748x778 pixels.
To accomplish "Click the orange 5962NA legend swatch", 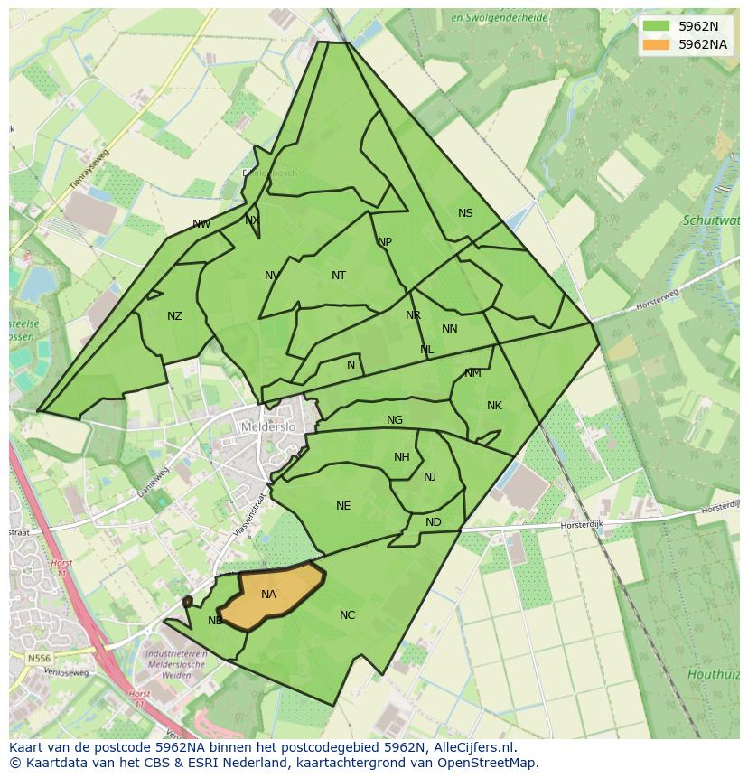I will click(656, 44).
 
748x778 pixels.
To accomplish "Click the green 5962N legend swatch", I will click(656, 26).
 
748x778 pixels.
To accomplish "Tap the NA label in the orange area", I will click(268, 595).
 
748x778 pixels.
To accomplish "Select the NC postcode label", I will click(347, 615).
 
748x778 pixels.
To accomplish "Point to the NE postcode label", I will click(343, 506).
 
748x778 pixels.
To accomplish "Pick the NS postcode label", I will click(465, 213).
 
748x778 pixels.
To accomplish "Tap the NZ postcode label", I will click(174, 316).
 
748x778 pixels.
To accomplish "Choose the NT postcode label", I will click(339, 276).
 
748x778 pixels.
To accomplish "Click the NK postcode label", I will click(494, 406).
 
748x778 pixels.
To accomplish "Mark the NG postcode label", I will click(395, 420).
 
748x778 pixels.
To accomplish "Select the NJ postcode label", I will click(430, 477).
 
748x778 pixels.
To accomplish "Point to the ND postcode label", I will click(434, 522).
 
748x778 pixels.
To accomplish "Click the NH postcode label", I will click(402, 457).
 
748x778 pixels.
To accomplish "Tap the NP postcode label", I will click(385, 242).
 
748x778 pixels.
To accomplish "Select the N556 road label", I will click(39, 659).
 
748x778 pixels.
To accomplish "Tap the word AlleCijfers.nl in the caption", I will click(473, 747).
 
